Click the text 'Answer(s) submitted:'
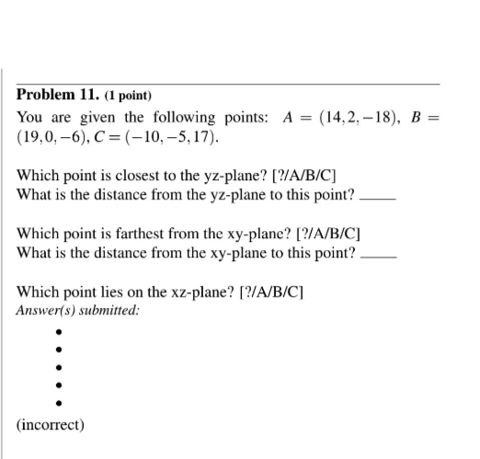pyautogui.click(x=78, y=310)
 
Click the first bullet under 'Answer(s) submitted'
pyautogui.click(x=58, y=333)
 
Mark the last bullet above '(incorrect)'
pyautogui.click(x=58, y=402)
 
